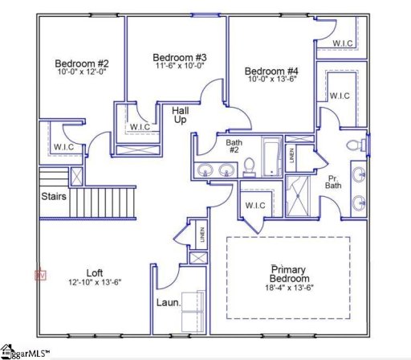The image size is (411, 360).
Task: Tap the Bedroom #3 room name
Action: [x=181, y=57]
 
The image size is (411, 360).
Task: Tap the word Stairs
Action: [x=54, y=195]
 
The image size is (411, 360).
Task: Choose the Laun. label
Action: [x=167, y=304]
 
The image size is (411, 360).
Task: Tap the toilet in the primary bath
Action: [x=354, y=145]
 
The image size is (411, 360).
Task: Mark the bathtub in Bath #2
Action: [x=270, y=157]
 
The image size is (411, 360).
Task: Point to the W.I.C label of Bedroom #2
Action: [x=64, y=147]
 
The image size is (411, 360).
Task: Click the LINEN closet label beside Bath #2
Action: [x=290, y=156]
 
